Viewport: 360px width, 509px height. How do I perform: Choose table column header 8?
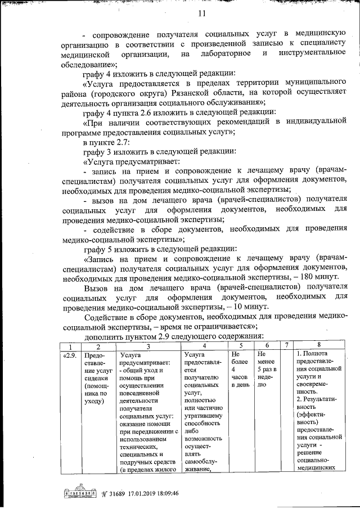pyautogui.click(x=319, y=345)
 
